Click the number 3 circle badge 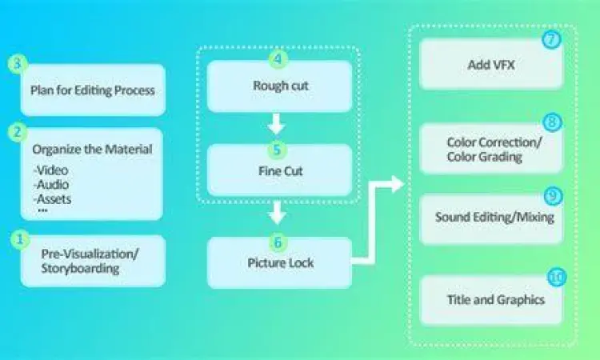(x=18, y=65)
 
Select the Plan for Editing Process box (x=93, y=90)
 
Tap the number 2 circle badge (x=18, y=130)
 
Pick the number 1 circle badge (x=18, y=238)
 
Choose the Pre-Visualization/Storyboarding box (x=93, y=262)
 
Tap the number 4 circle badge (x=277, y=60)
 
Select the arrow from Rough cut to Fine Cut (x=276, y=125)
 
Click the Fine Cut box (x=279, y=170)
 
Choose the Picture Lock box (x=279, y=262)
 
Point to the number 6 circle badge (x=277, y=240)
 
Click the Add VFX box (x=491, y=64)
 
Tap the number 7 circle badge (x=551, y=38)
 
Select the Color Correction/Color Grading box (x=491, y=149)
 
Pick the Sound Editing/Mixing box (x=491, y=218)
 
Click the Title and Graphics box (x=491, y=299)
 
